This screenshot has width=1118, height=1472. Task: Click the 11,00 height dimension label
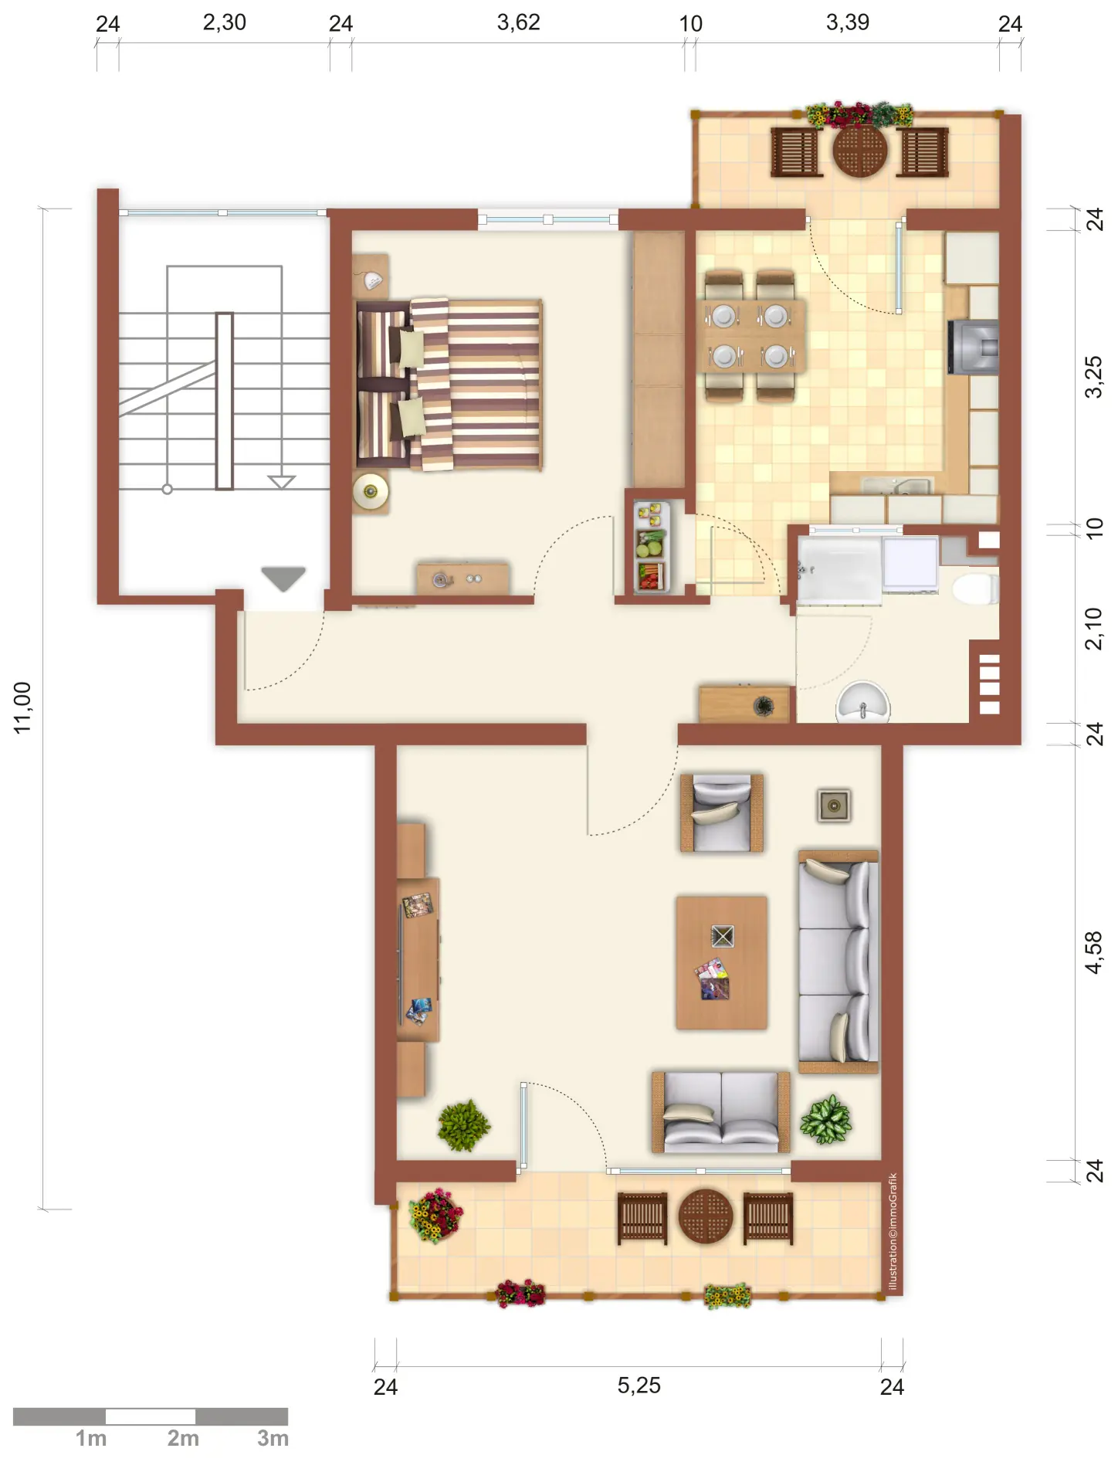[22, 707]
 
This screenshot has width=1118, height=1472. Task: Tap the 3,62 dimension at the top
[518, 22]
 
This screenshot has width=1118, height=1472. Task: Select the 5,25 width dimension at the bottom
[639, 1385]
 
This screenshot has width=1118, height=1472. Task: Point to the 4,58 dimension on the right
[1094, 952]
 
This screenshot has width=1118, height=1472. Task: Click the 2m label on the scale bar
[183, 1438]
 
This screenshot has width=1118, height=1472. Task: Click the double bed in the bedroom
[449, 384]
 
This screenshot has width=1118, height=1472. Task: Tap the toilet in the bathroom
[975, 588]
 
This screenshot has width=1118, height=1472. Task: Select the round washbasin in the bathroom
[863, 701]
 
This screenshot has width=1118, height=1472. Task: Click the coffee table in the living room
[722, 962]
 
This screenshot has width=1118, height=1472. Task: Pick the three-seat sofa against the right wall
[839, 962]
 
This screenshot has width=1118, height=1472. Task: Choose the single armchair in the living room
[722, 813]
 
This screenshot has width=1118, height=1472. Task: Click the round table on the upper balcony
[860, 150]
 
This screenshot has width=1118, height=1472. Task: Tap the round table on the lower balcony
[706, 1216]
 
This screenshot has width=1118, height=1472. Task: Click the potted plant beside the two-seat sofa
[825, 1119]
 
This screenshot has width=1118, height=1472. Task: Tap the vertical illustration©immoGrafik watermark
[893, 1231]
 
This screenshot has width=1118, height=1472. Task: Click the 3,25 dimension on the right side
[1094, 377]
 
